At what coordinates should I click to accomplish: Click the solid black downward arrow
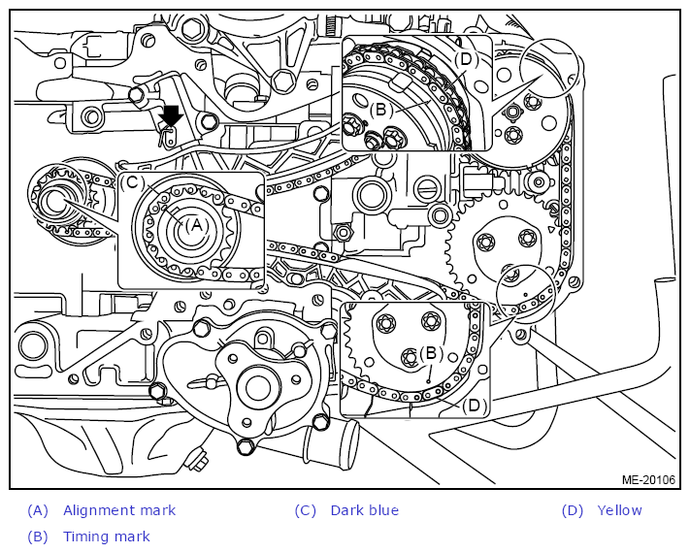[171, 116]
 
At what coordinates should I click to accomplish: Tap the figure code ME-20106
[648, 479]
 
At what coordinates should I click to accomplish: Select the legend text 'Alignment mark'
[119, 510]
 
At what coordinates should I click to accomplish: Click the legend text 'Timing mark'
[107, 537]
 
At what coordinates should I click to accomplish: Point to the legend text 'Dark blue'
[364, 510]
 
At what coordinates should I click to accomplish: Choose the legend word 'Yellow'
[619, 510]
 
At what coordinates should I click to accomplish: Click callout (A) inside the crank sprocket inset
[196, 225]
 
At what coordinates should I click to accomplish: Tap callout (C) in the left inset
[132, 182]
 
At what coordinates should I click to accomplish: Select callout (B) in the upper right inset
[380, 110]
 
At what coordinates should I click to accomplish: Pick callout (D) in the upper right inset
[466, 59]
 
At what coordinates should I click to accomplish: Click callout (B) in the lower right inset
[430, 353]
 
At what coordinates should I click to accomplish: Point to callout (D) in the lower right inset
[474, 406]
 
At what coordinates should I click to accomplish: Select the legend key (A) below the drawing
[38, 510]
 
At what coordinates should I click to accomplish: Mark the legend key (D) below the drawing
[572, 510]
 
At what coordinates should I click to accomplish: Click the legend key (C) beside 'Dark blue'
[306, 510]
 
